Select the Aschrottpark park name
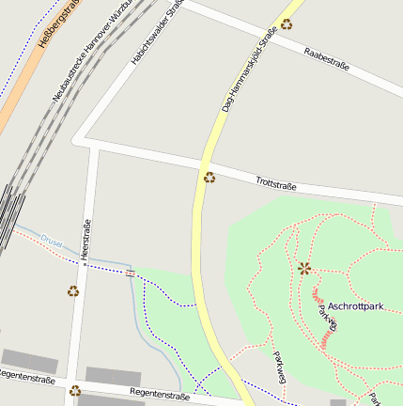tap(357, 307)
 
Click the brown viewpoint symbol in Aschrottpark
tap(303, 268)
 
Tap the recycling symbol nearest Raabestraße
tap(286, 24)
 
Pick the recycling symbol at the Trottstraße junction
tap(209, 178)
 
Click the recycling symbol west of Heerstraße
tap(73, 291)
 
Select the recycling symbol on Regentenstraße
tap(75, 390)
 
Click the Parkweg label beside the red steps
tap(327, 319)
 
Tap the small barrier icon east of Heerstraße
tap(130, 273)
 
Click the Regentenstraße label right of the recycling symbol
tap(160, 396)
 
